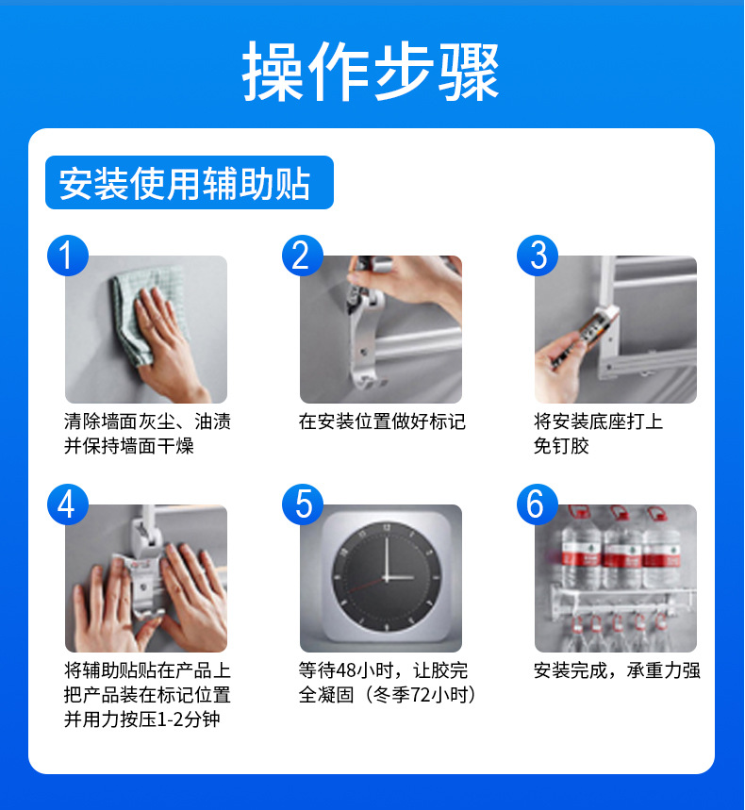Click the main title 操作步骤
[371, 72]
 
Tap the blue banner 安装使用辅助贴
[190, 182]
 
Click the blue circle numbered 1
[68, 256]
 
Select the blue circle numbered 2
[303, 256]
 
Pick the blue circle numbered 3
[538, 256]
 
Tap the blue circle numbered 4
[68, 504]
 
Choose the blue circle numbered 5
[303, 504]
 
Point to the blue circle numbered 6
[538, 504]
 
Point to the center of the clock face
[387, 577]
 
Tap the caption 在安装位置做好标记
[382, 422]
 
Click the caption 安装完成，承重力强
[617, 670]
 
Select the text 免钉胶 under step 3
[561, 446]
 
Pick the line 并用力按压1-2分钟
[142, 719]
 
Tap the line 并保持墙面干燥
[128, 446]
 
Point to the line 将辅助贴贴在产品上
[147, 670]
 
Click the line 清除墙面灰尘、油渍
[147, 422]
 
